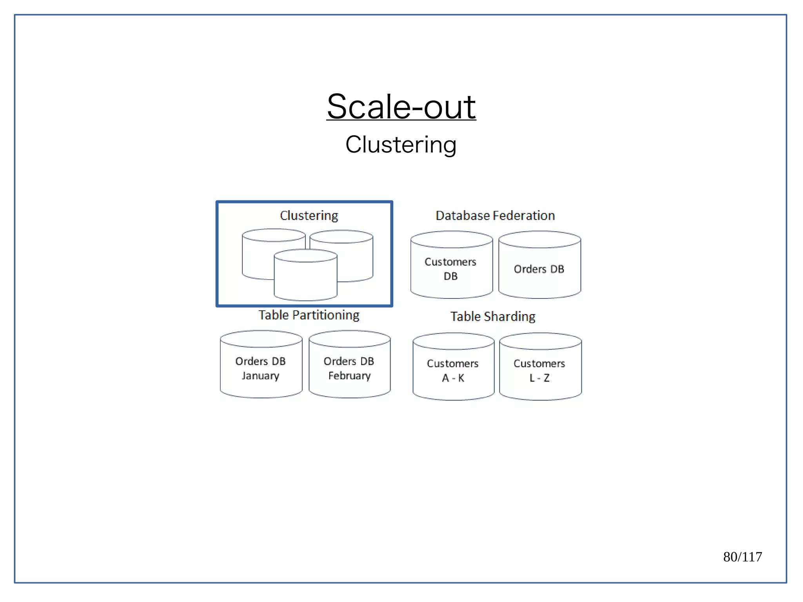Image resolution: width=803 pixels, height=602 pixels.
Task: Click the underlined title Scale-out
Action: pyautogui.click(x=401, y=107)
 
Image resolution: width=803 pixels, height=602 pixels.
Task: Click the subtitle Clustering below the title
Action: pyautogui.click(x=401, y=144)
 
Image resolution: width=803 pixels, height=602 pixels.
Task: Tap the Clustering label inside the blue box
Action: pyautogui.click(x=309, y=215)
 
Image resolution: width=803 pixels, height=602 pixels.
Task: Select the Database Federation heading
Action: pyautogui.click(x=495, y=215)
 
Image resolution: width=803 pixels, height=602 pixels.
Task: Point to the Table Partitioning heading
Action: pyautogui.click(x=309, y=315)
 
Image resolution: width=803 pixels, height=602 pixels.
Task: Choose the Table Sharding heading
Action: pyautogui.click(x=492, y=316)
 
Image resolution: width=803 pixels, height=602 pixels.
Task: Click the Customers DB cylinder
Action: pyautogui.click(x=451, y=269)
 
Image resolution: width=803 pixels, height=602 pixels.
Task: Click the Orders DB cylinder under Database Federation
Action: pyautogui.click(x=540, y=269)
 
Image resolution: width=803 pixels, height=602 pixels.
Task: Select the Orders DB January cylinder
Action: pyautogui.click(x=261, y=368)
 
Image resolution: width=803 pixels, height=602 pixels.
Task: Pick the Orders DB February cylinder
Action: pyautogui.click(x=349, y=368)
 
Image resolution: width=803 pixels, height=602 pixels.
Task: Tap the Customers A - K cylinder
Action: pyautogui.click(x=453, y=370)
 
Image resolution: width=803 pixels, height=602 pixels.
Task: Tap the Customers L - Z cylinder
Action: pyautogui.click(x=540, y=370)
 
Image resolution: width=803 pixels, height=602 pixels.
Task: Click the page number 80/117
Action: pyautogui.click(x=742, y=557)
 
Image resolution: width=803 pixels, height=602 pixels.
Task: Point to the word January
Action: pyautogui.click(x=260, y=376)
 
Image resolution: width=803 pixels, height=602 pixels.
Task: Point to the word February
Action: pyautogui.click(x=349, y=376)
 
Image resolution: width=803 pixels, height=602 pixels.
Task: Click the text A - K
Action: pyautogui.click(x=453, y=378)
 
